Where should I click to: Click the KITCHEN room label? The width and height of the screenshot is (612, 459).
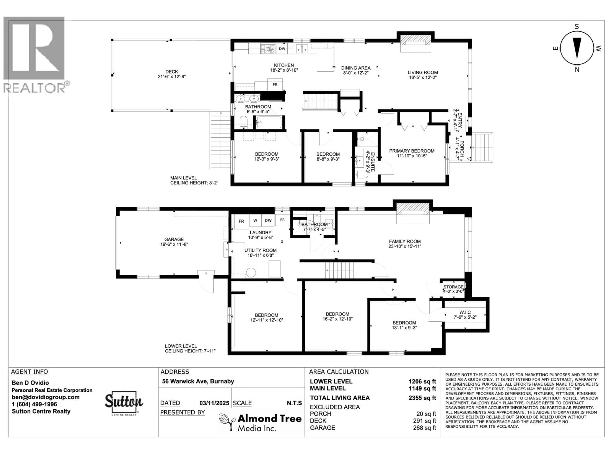[x=284, y=65]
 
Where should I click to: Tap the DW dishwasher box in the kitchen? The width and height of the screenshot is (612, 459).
[x=282, y=49]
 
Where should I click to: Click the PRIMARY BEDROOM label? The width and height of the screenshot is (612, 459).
[x=412, y=151]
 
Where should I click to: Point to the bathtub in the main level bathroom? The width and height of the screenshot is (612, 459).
[x=269, y=122]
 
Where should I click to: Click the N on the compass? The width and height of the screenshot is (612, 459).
[x=577, y=70]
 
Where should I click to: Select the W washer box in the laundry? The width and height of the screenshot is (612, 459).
[x=255, y=221]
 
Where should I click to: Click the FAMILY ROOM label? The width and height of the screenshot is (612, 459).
[x=405, y=241]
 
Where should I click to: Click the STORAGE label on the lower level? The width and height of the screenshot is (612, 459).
[x=453, y=287]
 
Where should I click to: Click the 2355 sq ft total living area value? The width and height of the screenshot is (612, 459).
[x=422, y=398]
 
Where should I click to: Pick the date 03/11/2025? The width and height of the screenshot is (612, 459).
[x=214, y=403]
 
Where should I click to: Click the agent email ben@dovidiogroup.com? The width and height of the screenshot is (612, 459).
[x=45, y=397]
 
